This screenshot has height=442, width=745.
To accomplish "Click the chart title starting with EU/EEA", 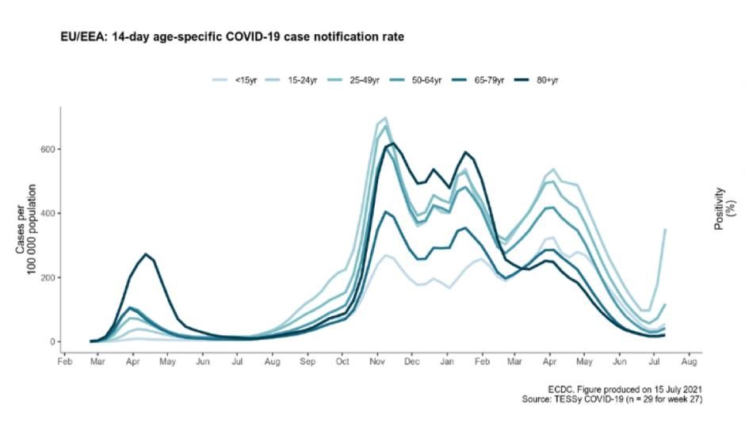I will pos(233,37).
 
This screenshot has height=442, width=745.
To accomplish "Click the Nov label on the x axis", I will pos(376,362).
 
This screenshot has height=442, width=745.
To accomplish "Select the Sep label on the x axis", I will pos(308,362).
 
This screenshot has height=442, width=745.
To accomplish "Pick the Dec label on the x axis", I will pos(411,362).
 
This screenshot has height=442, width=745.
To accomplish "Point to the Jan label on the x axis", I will pos(446,362).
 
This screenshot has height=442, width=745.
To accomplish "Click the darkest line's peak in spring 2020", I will pos(146,254).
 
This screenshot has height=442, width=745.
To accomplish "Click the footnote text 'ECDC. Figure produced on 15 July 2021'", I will pos(626,389).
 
